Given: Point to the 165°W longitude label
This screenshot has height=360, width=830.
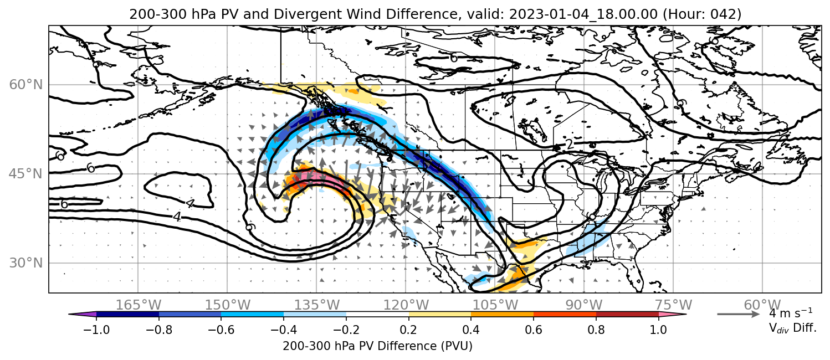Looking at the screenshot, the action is [x=139, y=305].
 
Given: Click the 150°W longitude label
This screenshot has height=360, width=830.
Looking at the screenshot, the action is [x=228, y=305].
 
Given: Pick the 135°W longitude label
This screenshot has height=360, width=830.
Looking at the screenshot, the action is [x=317, y=305].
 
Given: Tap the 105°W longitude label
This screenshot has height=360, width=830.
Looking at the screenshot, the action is [x=495, y=305].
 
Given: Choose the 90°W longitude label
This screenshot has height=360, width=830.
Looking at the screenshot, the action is [x=584, y=305].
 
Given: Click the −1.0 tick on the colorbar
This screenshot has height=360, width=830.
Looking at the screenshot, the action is [x=96, y=330].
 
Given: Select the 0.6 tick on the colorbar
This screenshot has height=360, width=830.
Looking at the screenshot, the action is [x=534, y=330].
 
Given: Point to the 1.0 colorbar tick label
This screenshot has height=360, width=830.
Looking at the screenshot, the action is [x=658, y=330].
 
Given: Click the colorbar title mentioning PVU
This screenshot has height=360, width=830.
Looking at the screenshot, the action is [x=377, y=346].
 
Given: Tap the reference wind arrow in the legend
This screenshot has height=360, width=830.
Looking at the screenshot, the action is [x=738, y=315].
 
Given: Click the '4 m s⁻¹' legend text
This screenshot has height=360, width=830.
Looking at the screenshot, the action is [x=791, y=313].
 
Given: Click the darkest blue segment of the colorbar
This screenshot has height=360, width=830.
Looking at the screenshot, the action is [x=128, y=315].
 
